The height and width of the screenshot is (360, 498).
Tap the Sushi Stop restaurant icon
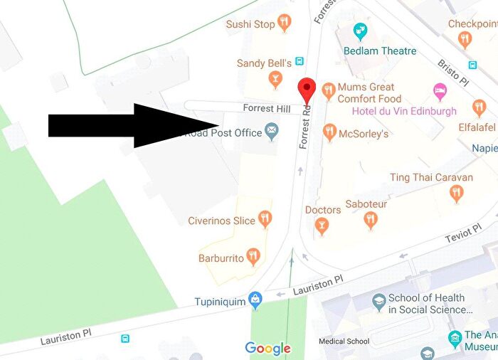pos(285,23)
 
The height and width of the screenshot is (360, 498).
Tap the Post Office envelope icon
pos(272,132)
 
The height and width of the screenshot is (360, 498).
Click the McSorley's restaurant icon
pos(329,132)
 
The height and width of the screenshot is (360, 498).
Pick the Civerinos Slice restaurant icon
pos(265,220)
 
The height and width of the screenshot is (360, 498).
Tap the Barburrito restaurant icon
pos(253,257)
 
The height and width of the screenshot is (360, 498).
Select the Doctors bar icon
pos(322,226)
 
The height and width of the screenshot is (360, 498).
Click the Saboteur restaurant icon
pos(370,221)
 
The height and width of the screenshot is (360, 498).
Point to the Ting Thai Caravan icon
pos(457,193)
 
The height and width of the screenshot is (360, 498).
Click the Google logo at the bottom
pos(267,348)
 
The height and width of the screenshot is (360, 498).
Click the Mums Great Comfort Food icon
pos(328,90)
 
